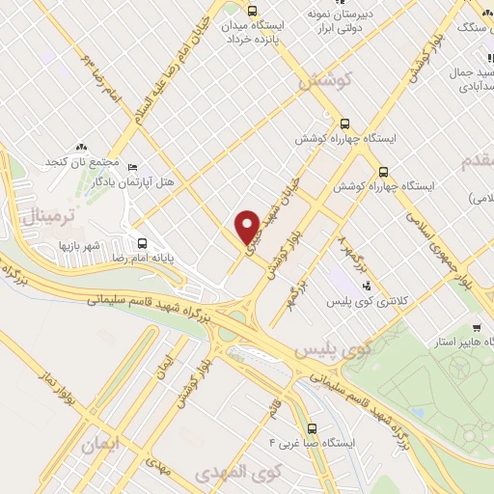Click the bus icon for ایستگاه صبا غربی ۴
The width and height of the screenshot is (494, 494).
coord(311,428)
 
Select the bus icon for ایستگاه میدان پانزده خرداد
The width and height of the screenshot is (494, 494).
coord(253,13)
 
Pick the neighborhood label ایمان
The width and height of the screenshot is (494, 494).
coord(104,447)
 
